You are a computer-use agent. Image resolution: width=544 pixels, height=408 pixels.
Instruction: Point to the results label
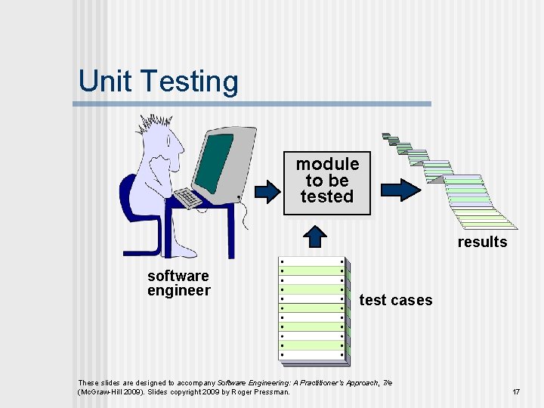tap(482, 242)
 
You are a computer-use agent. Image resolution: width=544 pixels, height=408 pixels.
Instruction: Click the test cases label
tap(396, 300)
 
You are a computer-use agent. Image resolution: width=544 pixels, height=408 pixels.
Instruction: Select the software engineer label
tap(179, 283)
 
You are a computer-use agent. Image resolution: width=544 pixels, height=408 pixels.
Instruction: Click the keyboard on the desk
tap(188, 198)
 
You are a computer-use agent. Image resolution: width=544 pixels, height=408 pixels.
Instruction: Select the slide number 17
tap(516, 392)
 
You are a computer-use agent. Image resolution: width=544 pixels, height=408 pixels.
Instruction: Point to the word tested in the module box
tap(327, 196)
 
